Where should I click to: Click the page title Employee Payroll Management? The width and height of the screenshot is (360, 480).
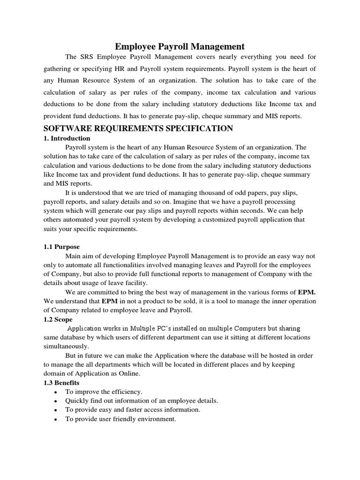(180, 46)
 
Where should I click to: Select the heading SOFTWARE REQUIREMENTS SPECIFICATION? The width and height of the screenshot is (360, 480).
(138, 128)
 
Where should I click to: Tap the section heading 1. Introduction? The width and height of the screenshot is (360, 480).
(67, 139)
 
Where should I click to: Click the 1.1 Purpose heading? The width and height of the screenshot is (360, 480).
(61, 247)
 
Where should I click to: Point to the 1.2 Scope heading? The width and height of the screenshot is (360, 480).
(58, 319)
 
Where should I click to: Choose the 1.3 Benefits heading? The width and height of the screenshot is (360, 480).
(61, 383)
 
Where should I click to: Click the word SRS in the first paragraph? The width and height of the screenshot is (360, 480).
(87, 57)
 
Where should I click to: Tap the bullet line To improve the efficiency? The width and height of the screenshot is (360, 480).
(104, 391)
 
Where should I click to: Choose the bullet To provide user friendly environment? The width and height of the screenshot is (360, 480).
(120, 419)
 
